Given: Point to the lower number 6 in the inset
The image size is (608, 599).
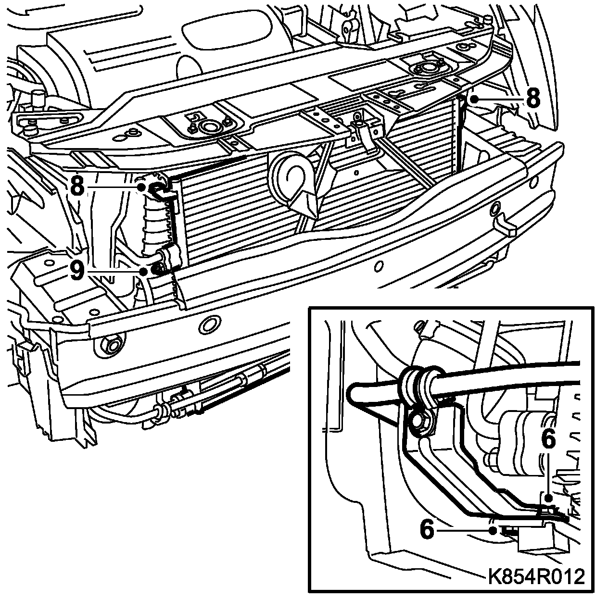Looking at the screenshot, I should click(x=428, y=530).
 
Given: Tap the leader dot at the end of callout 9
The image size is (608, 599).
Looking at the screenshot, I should click(x=144, y=272).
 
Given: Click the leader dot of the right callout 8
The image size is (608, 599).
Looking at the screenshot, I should click(x=474, y=100).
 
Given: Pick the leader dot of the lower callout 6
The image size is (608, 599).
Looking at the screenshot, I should click(x=493, y=530).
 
